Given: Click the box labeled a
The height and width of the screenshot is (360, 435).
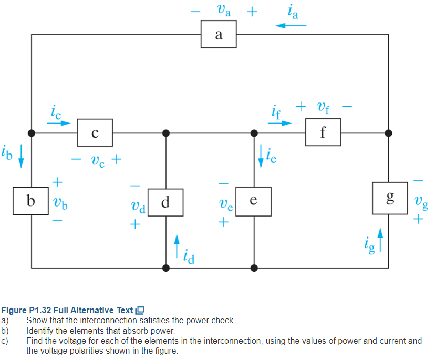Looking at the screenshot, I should (x=219, y=35).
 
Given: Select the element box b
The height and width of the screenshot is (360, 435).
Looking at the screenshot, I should (x=32, y=201).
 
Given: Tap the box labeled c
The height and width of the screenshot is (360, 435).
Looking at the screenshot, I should (x=95, y=133).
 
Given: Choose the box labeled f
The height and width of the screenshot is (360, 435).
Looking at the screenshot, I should (x=323, y=133).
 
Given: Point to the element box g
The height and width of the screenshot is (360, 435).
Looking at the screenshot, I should (x=389, y=198).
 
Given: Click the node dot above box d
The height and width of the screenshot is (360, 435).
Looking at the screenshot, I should (x=166, y=133).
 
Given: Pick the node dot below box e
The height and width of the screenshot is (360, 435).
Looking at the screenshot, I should (x=254, y=268).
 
